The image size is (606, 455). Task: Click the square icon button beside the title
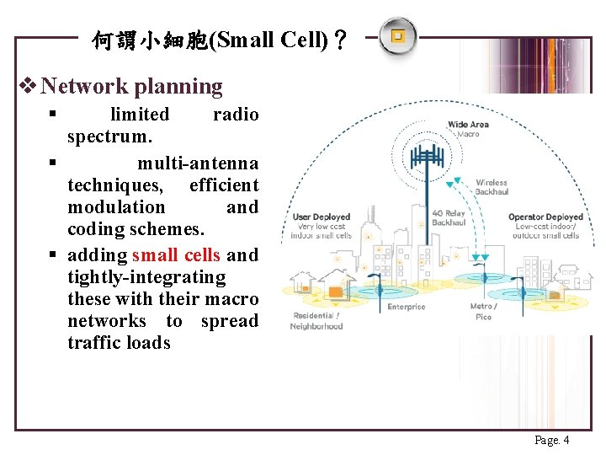[397, 36]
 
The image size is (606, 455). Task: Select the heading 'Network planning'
[131, 86]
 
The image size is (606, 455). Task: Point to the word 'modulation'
[116, 206]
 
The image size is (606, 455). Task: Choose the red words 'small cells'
[176, 254]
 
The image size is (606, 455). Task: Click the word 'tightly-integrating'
[146, 276]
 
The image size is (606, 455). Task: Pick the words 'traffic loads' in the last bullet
[119, 342]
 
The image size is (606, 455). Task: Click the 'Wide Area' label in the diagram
[468, 125]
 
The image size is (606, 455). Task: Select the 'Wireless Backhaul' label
[492, 187]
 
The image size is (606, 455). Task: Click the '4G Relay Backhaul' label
[449, 218]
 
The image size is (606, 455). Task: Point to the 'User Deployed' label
[322, 217]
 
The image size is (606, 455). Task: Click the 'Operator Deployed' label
[545, 217]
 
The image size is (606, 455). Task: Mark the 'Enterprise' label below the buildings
[407, 307]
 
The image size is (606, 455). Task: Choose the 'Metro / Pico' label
[483, 312]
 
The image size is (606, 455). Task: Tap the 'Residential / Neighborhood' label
[316, 321]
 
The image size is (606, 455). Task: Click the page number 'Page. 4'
[552, 440]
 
